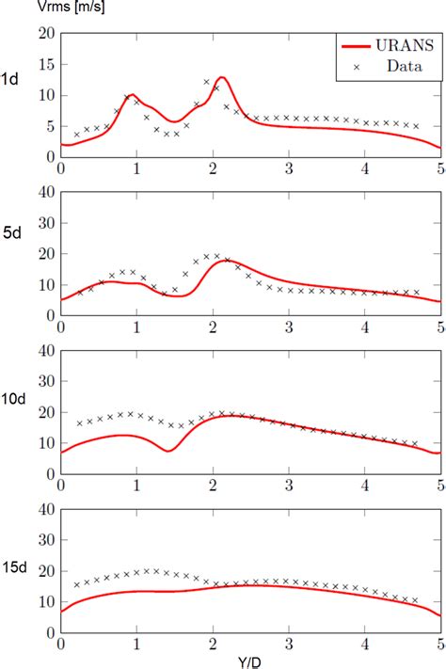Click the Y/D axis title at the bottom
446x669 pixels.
[x=251, y=660]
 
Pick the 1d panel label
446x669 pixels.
[x=11, y=78]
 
